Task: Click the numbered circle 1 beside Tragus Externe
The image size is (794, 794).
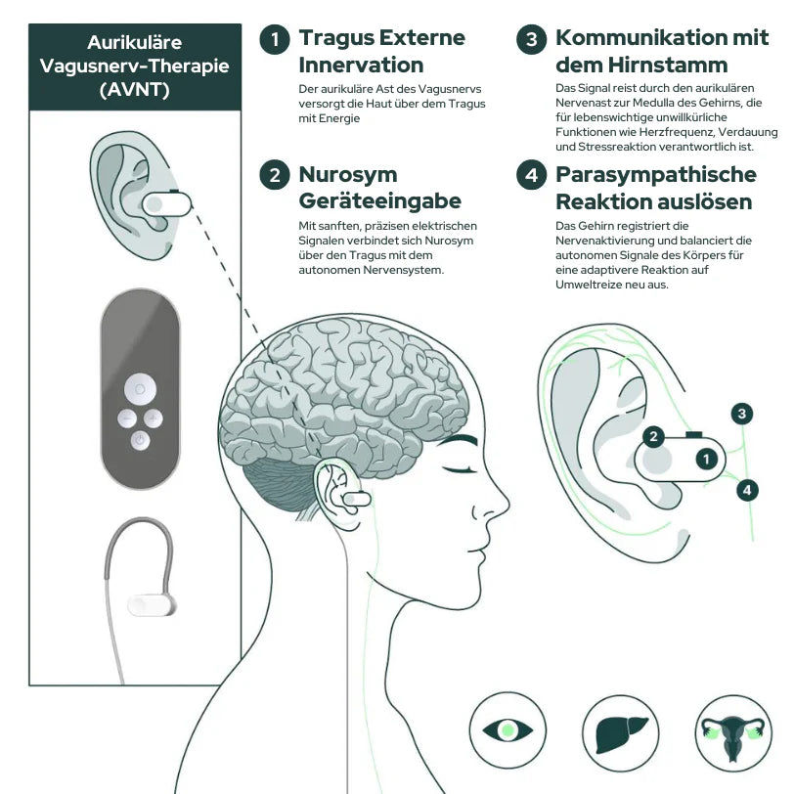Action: [275, 39]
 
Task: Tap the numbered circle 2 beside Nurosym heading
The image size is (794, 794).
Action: [275, 175]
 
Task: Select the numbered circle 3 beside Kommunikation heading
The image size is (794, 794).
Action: [531, 39]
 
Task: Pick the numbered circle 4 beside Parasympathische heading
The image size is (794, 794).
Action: [531, 175]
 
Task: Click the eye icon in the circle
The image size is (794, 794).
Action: [507, 730]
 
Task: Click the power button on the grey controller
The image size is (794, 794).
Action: [140, 440]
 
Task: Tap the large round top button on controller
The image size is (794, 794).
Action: [140, 389]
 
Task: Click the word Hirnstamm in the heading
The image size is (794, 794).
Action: [668, 65]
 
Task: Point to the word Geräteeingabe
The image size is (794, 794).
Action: [379, 201]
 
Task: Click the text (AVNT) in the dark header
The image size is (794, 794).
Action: [135, 90]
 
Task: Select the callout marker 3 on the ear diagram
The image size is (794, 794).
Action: [742, 414]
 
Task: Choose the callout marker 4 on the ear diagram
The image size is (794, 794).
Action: [747, 490]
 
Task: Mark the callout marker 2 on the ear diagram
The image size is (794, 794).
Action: [653, 436]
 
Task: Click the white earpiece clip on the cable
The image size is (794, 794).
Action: [152, 605]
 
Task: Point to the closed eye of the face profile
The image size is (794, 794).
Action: [459, 469]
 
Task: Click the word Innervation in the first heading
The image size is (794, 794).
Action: [361, 66]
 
